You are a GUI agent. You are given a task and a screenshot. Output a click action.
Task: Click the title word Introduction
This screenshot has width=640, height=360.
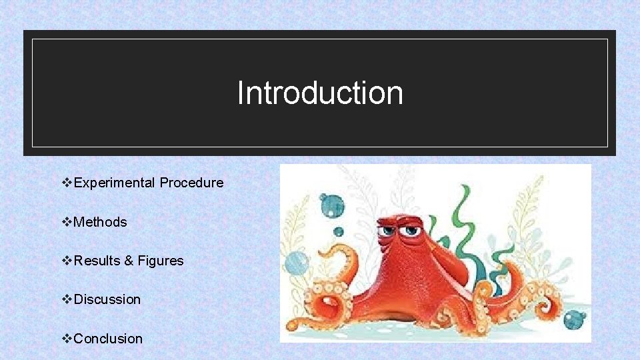coord(320,93)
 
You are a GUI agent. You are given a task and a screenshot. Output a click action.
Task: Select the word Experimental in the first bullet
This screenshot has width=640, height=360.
coord(115,183)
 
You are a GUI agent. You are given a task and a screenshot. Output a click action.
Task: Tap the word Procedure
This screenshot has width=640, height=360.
coord(191,183)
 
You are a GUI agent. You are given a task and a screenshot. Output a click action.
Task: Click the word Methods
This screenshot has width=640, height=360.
coord(100,222)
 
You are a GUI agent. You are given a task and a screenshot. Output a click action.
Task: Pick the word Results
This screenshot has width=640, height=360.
coord(97,261)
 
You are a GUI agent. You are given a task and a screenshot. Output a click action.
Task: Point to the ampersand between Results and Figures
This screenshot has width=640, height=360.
coord(129,261)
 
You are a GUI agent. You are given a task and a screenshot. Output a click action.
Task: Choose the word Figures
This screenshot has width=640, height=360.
coord(160,261)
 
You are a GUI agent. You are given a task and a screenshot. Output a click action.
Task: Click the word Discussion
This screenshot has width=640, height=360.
coord(107,299)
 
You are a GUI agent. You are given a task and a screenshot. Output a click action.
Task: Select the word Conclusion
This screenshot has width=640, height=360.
coord(108,339)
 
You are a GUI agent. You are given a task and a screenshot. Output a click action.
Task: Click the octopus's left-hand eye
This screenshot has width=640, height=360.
coord(389,231)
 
